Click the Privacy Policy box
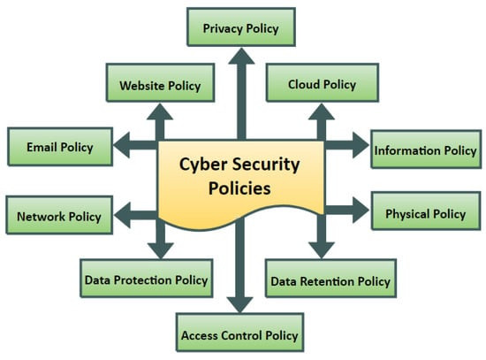coord(241,27)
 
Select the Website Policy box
coord(160,82)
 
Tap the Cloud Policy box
coord(323,82)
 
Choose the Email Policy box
coord(60,147)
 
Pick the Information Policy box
coord(426,149)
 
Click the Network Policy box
coord(59,215)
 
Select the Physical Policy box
coord(426,211)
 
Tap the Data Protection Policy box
coord(147,279)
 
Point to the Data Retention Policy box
coord(330,279)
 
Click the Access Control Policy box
coord(239,333)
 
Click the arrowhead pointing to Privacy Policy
coord(241,57)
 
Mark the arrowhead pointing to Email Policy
coord(122,145)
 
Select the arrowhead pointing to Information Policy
coord(361,145)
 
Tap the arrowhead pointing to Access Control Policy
coord(239,305)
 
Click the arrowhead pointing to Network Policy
coord(123,215)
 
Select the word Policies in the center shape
coord(239,188)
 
